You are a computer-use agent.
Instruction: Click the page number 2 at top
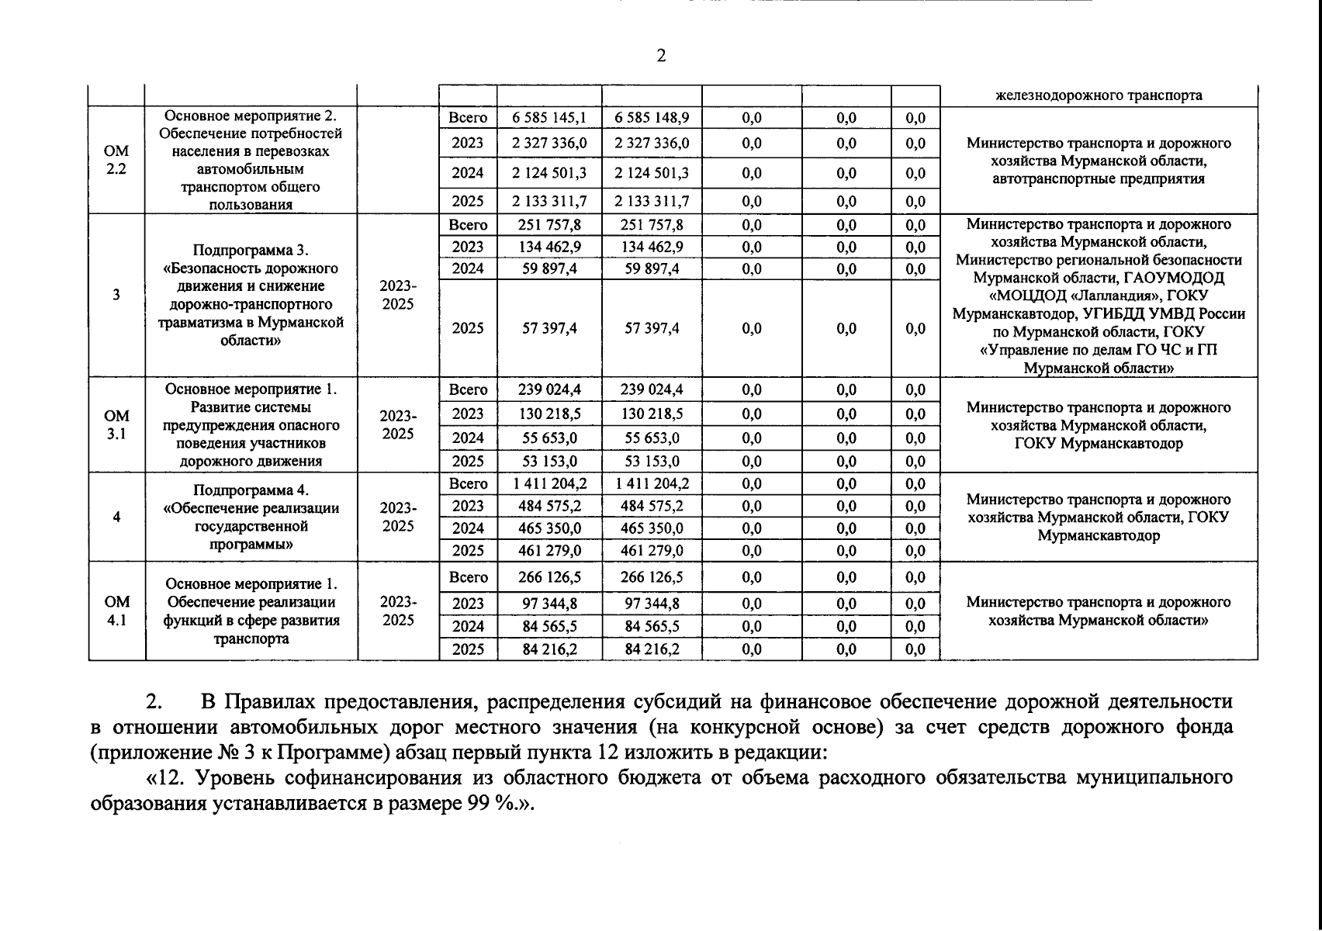[660, 56]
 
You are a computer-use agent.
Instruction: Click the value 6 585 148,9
[652, 118]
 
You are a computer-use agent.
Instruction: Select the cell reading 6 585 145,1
[549, 118]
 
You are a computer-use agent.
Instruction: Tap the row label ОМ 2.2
[116, 160]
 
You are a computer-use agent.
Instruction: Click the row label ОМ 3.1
[116, 425]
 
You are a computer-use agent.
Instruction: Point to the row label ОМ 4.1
[116, 611]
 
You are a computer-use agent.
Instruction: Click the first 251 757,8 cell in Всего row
[549, 225]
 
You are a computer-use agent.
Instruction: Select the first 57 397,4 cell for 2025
[549, 328]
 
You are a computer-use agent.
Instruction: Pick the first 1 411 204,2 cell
[549, 484]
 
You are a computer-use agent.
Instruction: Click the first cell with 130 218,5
[549, 414]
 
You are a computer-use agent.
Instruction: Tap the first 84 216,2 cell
[549, 649]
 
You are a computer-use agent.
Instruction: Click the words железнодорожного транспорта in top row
[1099, 95]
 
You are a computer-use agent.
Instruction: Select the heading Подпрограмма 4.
[251, 490]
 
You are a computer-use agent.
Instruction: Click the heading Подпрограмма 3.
[251, 251]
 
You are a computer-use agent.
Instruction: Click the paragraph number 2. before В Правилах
[154, 702]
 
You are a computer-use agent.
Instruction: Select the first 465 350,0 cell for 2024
[549, 528]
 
